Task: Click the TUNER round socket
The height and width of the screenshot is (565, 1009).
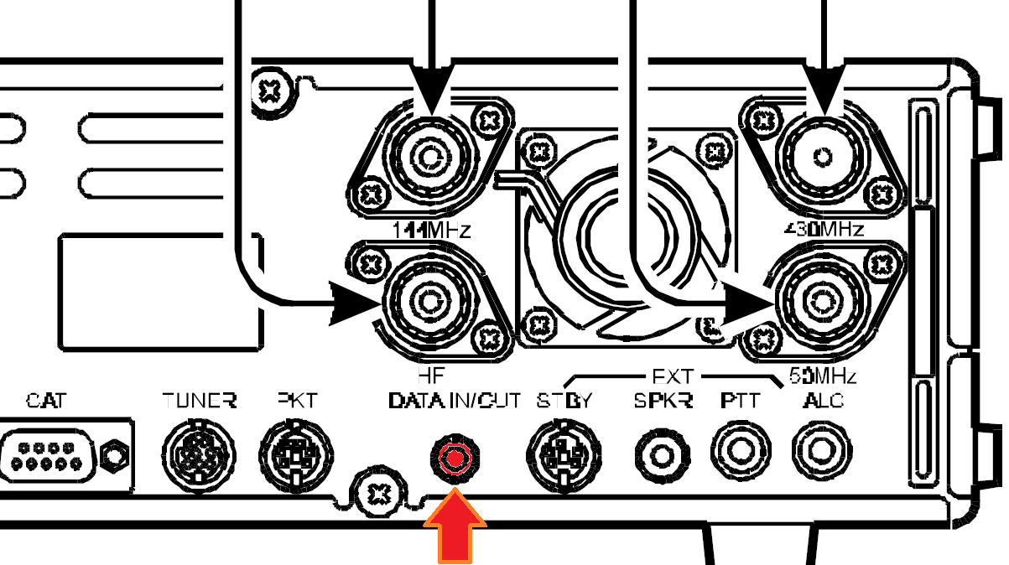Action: click(195, 456)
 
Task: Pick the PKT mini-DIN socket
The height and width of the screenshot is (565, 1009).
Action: click(294, 456)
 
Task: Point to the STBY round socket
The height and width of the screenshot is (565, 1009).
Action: click(562, 457)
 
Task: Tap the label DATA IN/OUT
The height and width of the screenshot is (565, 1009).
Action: click(455, 401)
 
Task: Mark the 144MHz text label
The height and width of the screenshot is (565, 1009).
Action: click(429, 229)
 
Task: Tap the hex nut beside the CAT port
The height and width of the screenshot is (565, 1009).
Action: click(112, 456)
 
